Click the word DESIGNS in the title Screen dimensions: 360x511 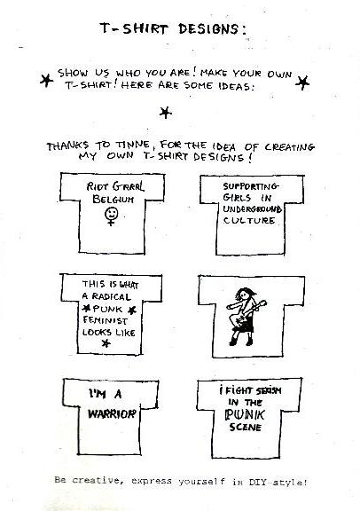click(x=212, y=28)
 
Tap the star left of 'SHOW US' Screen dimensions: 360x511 click(x=47, y=80)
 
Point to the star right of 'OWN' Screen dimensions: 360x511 click(x=302, y=83)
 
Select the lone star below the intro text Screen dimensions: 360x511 click(x=166, y=113)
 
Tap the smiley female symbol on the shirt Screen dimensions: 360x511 click(x=111, y=216)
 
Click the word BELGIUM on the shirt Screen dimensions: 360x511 click(x=113, y=199)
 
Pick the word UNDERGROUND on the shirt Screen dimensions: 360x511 click(x=252, y=208)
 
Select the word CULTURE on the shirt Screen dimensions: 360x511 click(x=249, y=221)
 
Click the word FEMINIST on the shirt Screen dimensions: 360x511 click(x=105, y=320)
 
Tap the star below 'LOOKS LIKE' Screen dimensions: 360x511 click(x=106, y=343)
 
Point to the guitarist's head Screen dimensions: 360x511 click(x=244, y=295)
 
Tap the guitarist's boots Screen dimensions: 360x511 click(x=241, y=342)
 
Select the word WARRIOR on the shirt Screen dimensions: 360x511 click(x=112, y=414)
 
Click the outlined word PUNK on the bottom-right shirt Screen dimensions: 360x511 click(x=245, y=414)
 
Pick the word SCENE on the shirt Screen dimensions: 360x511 click(x=246, y=427)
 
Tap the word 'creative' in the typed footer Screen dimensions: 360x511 click(x=96, y=480)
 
